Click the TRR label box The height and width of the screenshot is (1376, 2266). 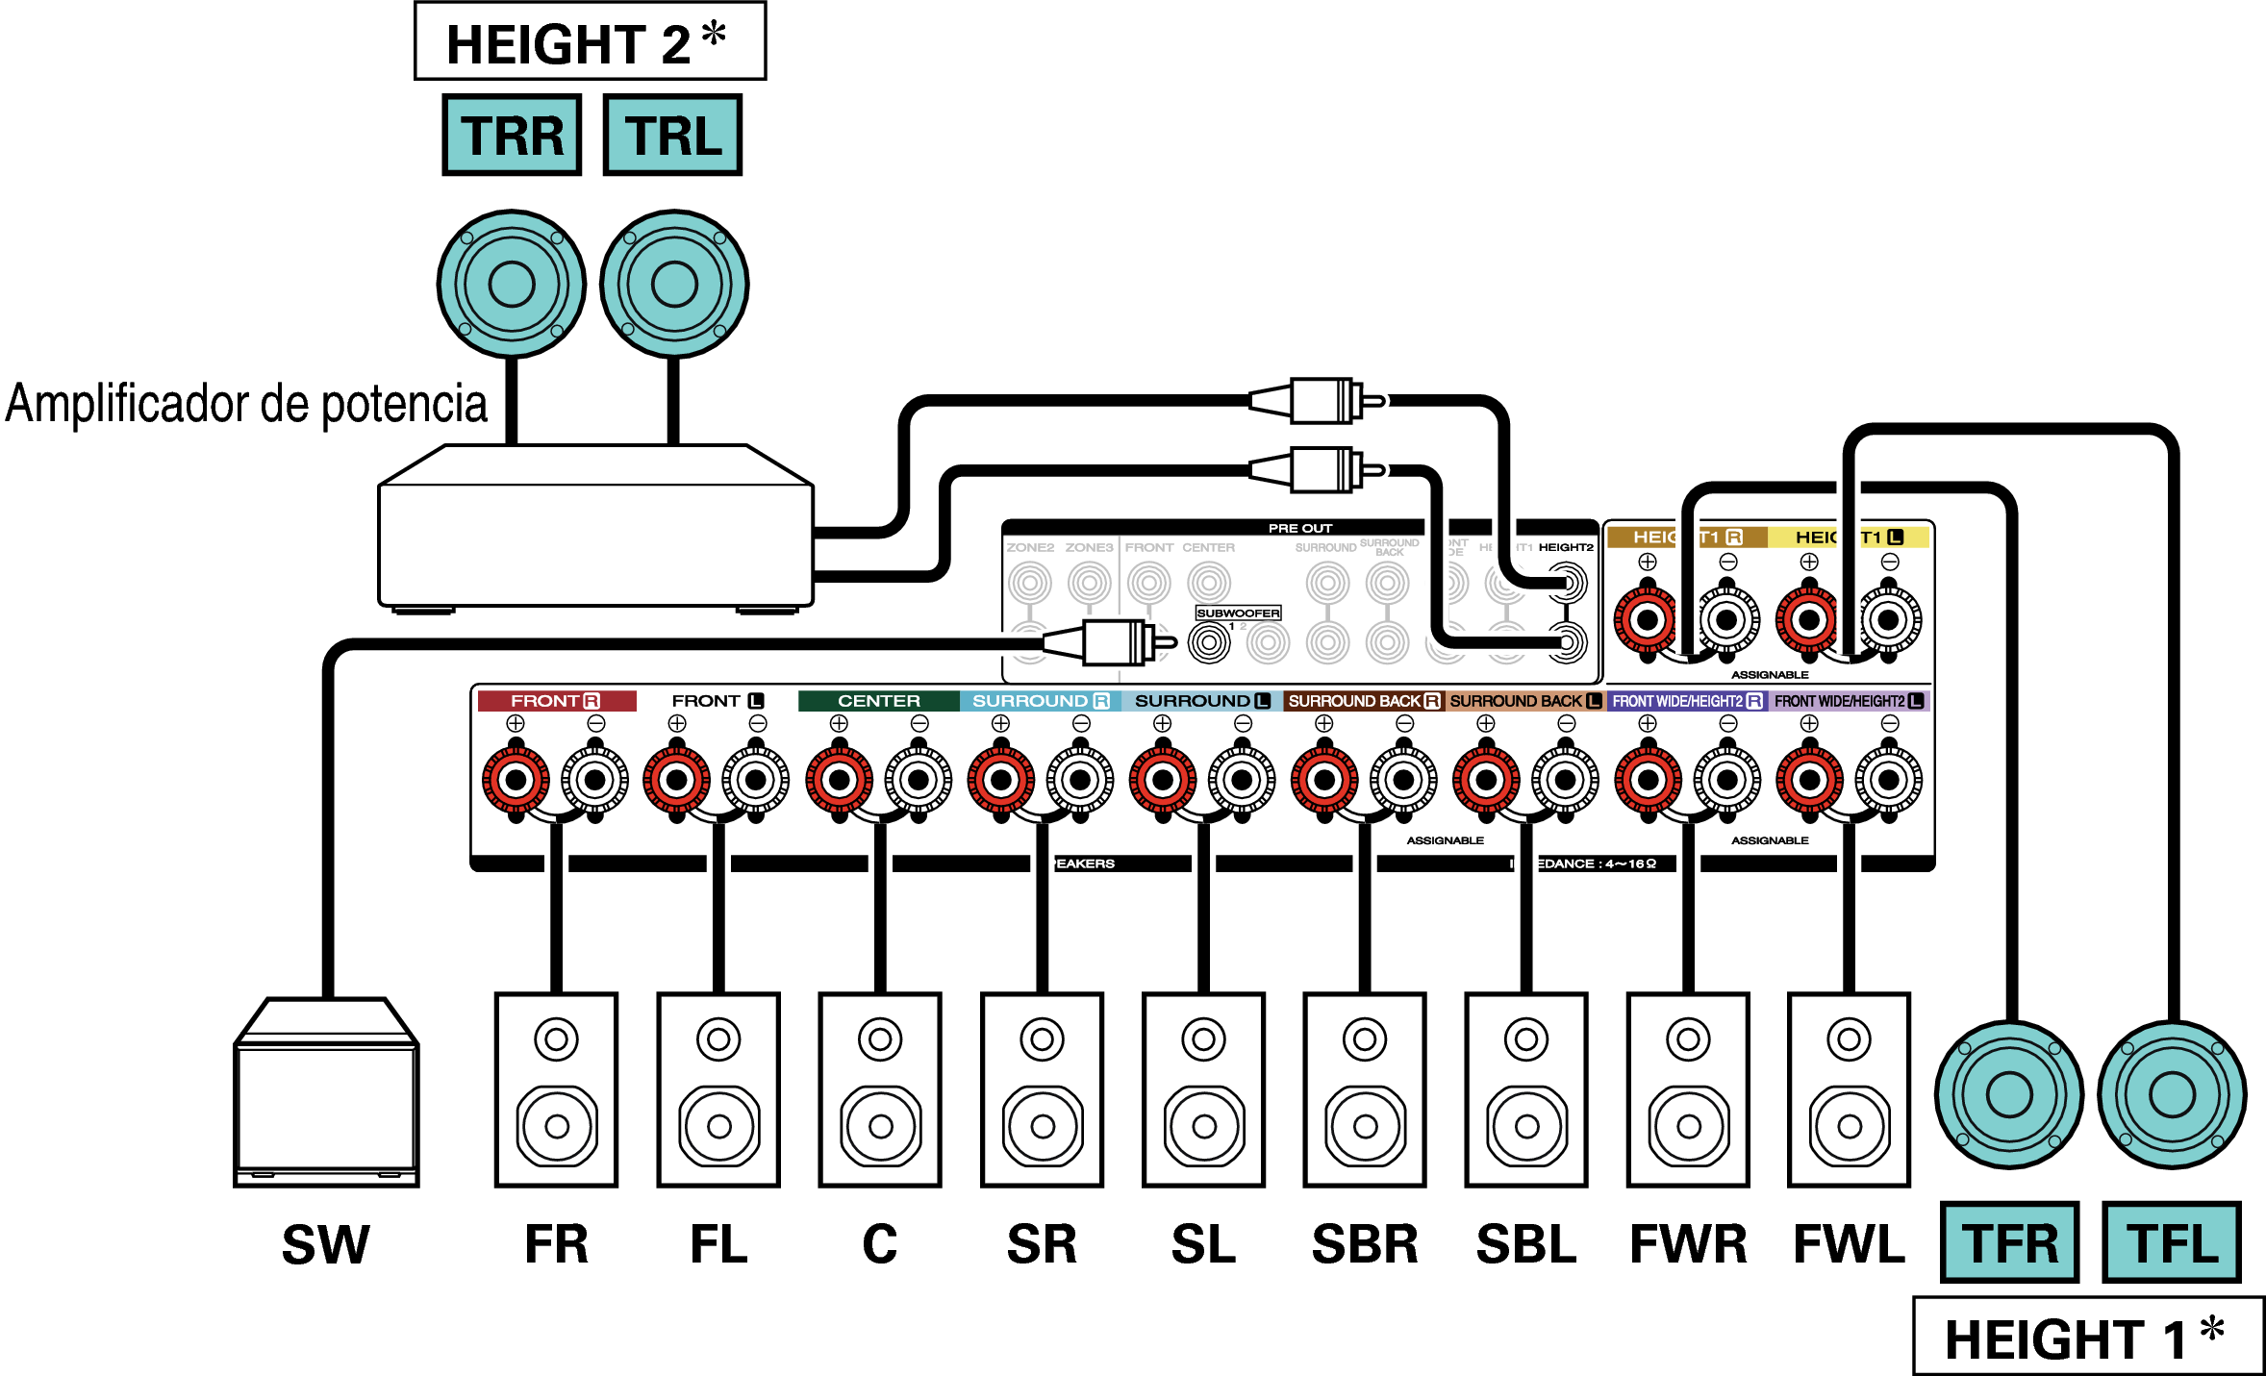512,135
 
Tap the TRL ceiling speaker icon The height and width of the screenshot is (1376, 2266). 673,284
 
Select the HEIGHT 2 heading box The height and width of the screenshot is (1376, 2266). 590,42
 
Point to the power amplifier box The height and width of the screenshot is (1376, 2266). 595,529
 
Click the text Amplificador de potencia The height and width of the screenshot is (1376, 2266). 246,404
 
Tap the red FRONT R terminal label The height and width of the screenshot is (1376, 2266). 556,701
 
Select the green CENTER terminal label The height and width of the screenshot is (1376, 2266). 878,701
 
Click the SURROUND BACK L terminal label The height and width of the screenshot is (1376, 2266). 1525,701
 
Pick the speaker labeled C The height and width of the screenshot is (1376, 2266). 880,1089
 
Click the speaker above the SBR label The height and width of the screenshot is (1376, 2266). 1365,1089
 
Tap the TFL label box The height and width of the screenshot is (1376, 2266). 2172,1242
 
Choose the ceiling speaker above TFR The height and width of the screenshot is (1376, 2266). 2009,1094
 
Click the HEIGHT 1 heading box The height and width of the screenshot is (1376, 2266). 2087,1337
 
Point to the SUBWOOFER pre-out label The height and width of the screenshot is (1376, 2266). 1238,613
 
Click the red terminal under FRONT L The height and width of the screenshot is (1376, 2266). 677,780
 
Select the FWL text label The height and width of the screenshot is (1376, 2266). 1849,1244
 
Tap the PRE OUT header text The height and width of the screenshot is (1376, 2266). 1299,528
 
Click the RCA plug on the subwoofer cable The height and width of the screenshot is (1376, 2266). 1116,642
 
